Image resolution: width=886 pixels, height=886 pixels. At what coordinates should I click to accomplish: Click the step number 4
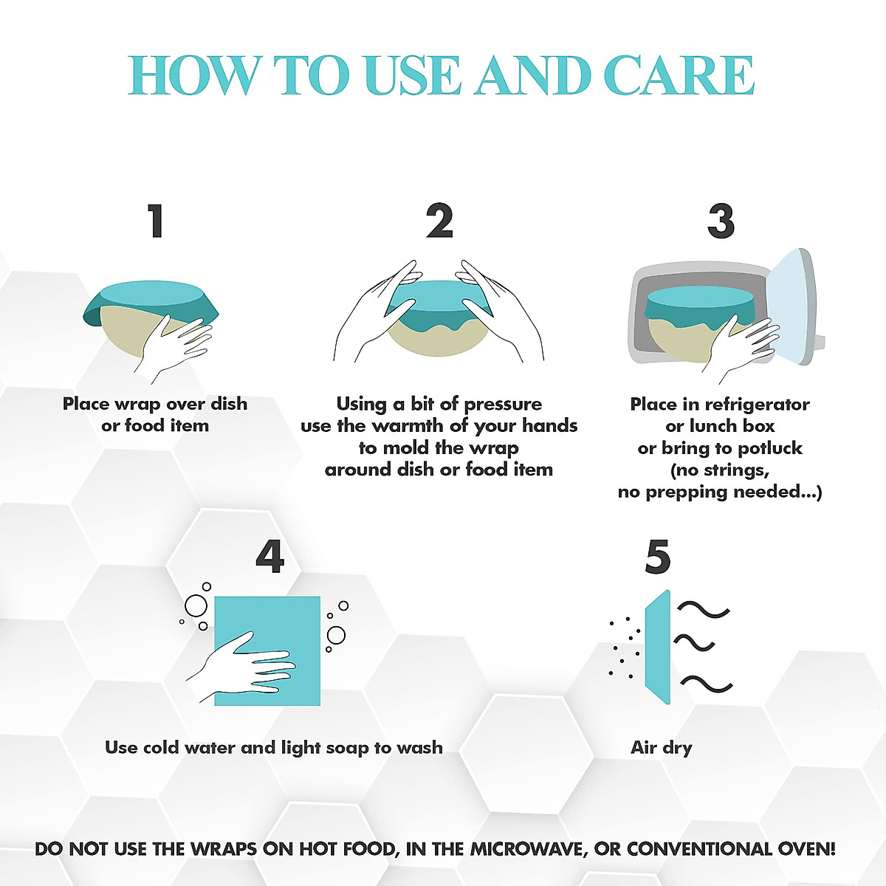pos(269,557)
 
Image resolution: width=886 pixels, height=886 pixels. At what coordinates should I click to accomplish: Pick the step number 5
pos(657,557)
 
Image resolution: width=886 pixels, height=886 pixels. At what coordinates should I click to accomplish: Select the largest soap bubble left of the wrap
pos(196,606)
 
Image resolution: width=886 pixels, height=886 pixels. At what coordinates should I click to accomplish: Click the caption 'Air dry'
pos(662,747)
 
